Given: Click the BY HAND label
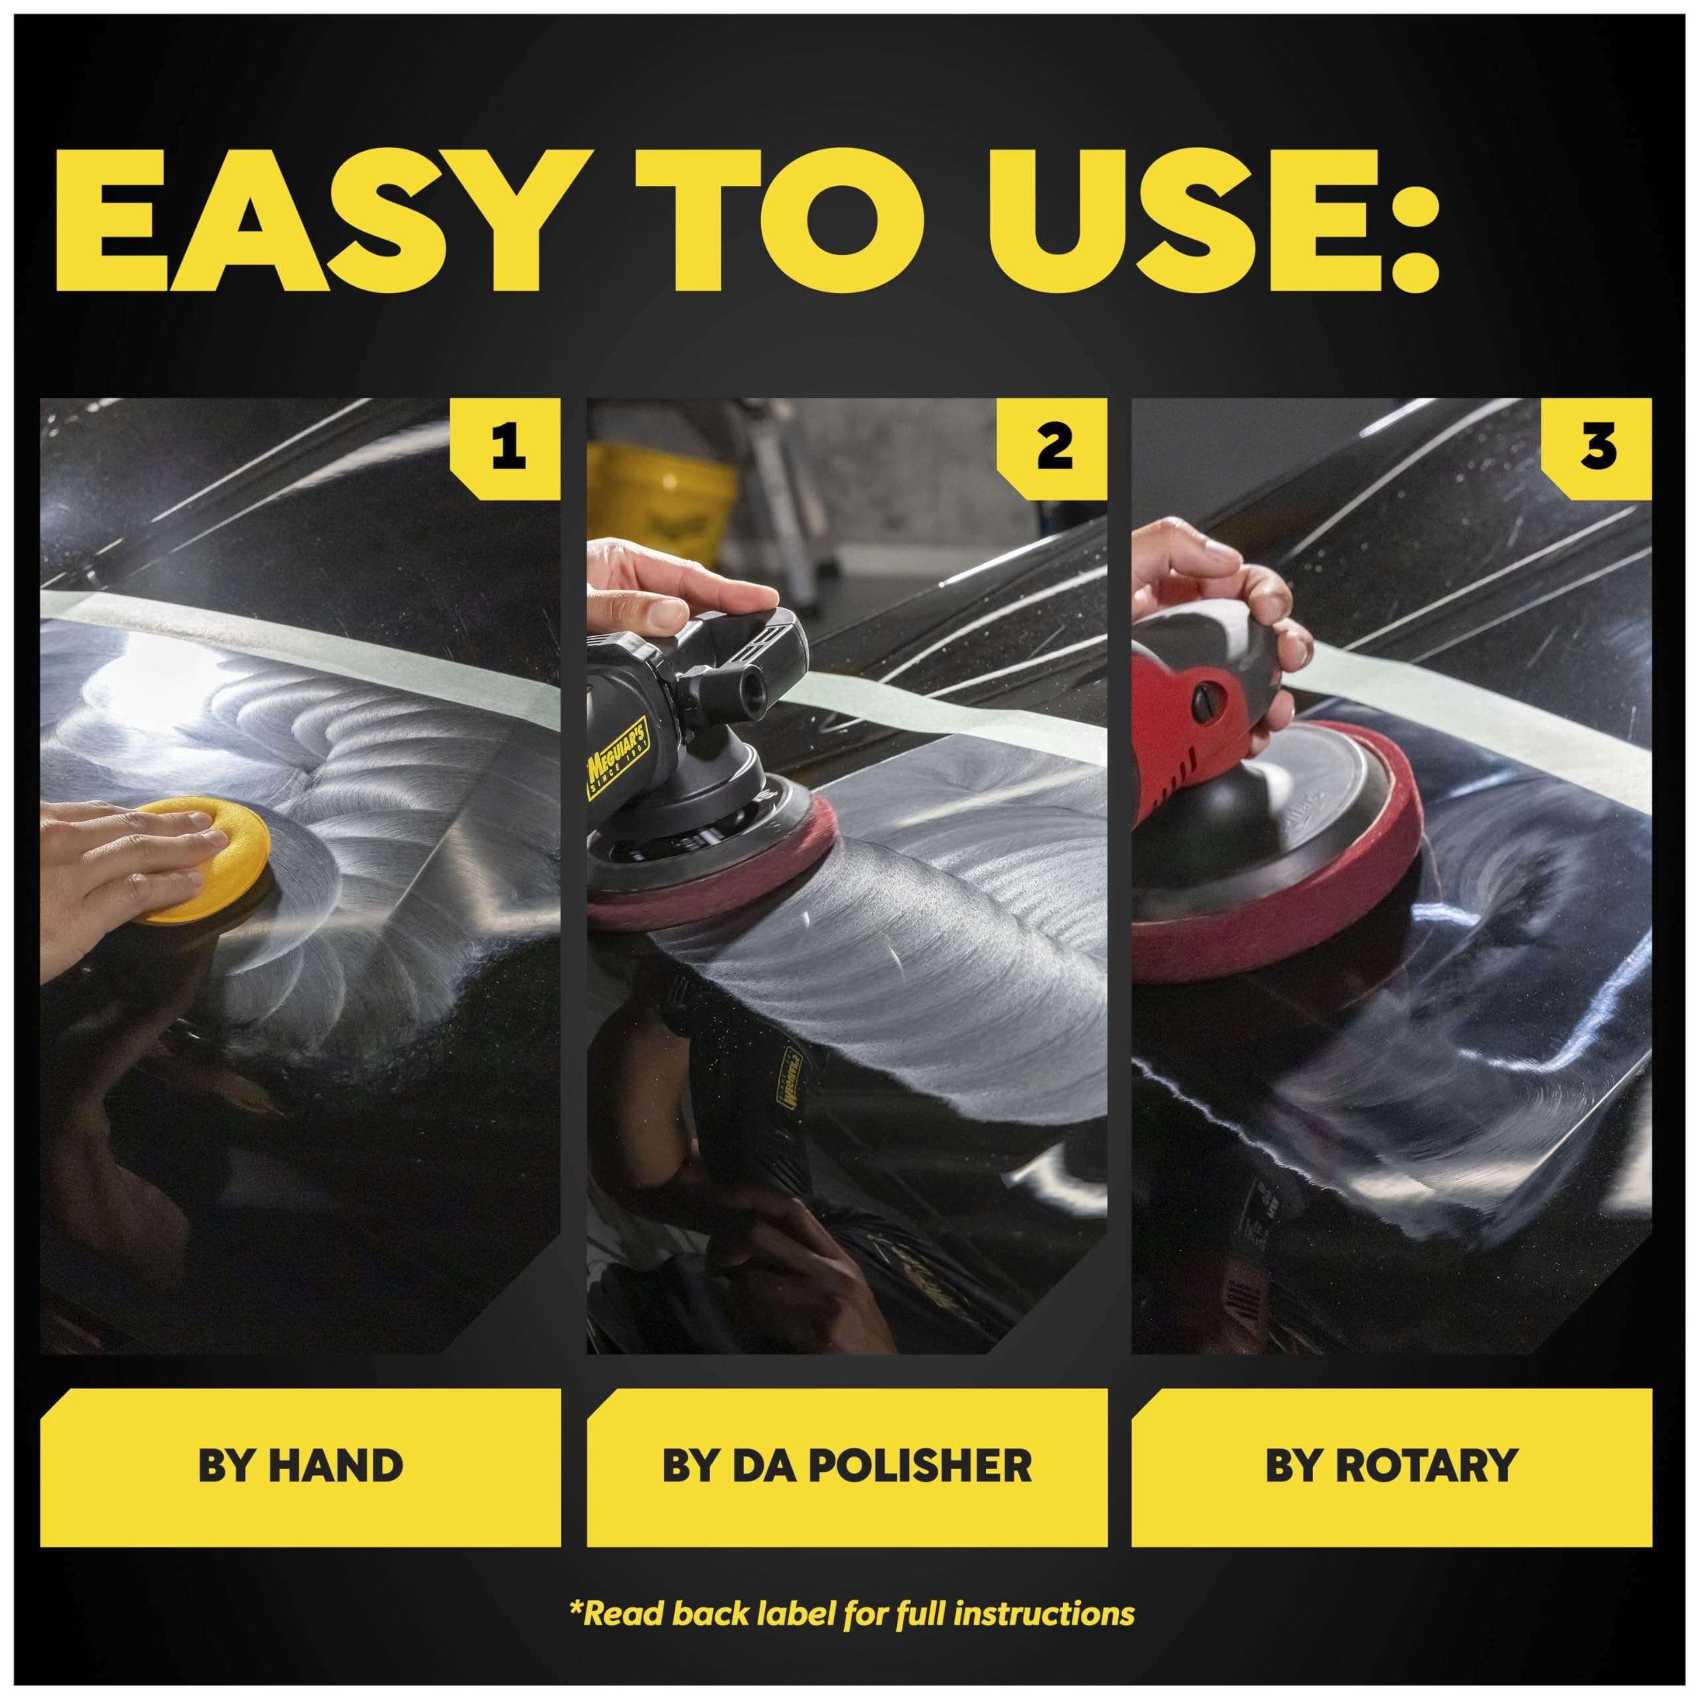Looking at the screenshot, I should tap(300, 1466).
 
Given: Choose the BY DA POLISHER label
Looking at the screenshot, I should tap(847, 1466).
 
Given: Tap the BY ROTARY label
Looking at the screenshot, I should tap(1391, 1466).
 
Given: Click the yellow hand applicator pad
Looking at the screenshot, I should tap(211, 858).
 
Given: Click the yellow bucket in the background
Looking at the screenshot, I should tap(660, 501).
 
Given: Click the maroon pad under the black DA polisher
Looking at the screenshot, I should tap(713, 880).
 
